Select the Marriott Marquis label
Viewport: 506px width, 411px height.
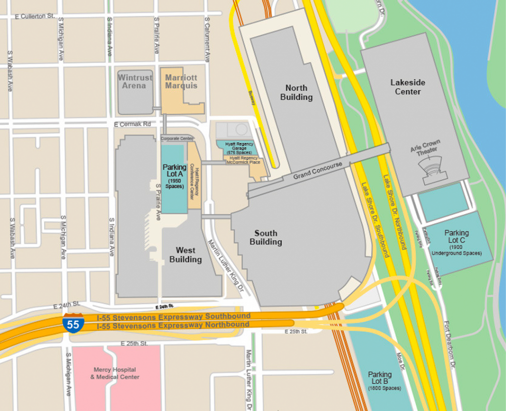[x=181, y=82]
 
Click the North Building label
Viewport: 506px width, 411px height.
[x=296, y=92]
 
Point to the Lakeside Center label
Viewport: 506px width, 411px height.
[x=408, y=87]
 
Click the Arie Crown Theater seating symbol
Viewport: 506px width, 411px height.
[x=434, y=171]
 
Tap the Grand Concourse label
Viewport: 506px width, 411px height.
[x=317, y=171]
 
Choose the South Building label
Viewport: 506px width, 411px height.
[x=266, y=237]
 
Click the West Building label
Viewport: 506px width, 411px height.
[x=185, y=255]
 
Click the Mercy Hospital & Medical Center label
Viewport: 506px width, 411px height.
[x=115, y=373]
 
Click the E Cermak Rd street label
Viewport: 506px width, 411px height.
[x=132, y=124]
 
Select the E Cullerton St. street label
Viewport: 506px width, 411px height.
[x=35, y=16]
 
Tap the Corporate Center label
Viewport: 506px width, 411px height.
[x=177, y=139]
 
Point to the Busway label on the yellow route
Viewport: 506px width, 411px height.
[x=253, y=97]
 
